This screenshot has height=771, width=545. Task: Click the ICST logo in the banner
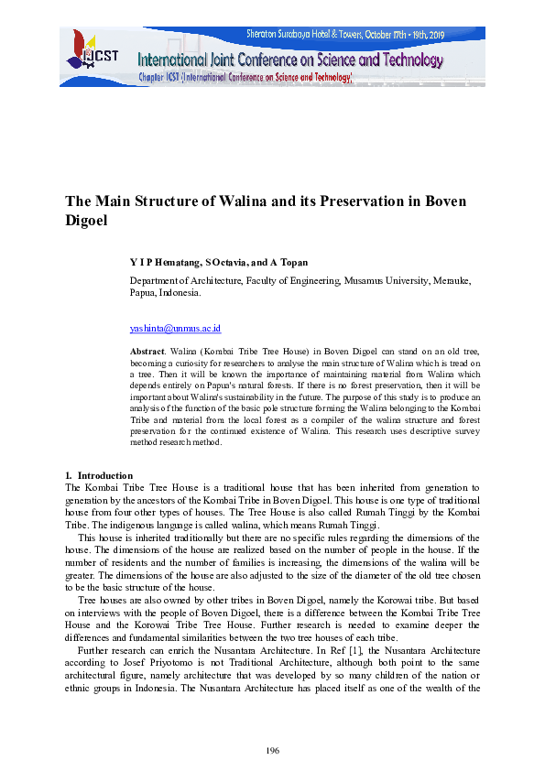pos(88,54)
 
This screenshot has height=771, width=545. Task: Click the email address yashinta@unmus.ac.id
pos(175,328)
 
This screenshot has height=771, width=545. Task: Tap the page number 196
pos(272,751)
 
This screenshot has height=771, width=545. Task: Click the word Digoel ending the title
pos(88,221)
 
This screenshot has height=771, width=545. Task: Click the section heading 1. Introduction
pos(99,475)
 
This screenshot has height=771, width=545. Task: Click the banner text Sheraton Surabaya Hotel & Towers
pos(317,34)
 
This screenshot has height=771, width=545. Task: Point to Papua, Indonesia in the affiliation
pos(165,294)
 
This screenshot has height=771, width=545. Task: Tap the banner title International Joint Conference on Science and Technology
pos(290,61)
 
